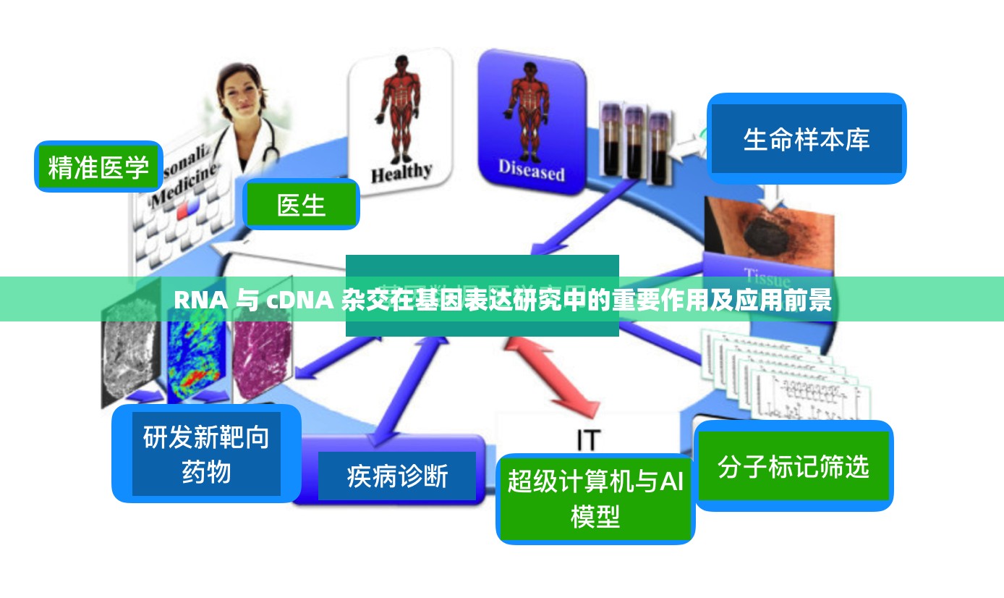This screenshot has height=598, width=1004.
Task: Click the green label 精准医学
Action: tap(98, 167)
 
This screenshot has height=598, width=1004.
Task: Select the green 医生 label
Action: tap(302, 205)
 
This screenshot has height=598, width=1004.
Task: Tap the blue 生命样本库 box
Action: tap(806, 139)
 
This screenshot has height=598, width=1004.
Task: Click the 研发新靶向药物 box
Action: tap(206, 454)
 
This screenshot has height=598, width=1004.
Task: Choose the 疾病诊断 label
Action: tap(397, 476)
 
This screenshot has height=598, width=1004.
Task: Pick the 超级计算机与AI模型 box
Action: tap(595, 498)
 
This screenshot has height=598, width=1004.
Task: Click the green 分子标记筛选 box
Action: tap(793, 466)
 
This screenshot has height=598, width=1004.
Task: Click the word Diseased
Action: tap(531, 171)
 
